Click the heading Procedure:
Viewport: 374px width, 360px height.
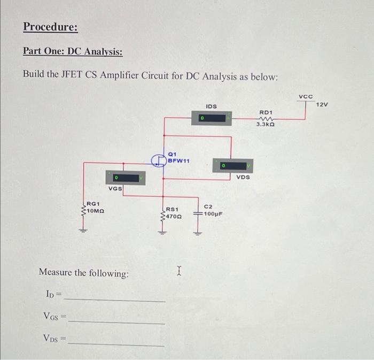51,27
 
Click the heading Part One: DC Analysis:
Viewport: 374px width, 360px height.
73,52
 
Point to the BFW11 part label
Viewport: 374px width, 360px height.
178,160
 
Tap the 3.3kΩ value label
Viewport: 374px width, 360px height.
266,124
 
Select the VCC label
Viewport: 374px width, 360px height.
305,96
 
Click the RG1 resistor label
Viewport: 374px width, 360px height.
92,203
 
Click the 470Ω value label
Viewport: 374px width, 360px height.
173,217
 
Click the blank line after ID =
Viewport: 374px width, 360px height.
115,300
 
